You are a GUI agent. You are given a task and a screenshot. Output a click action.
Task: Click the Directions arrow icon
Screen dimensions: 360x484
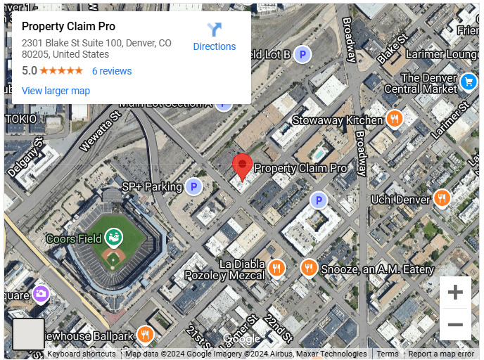click(x=214, y=30)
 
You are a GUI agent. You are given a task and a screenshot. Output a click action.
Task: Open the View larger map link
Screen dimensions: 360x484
click(x=56, y=91)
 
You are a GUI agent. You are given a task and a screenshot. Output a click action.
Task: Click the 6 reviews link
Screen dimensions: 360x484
click(x=112, y=71)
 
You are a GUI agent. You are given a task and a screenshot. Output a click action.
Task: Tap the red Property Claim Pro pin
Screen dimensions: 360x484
click(x=243, y=166)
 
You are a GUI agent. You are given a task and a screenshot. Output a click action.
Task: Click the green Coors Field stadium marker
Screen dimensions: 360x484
click(x=113, y=238)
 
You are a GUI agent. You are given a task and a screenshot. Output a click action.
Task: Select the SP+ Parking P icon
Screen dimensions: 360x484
click(x=193, y=187)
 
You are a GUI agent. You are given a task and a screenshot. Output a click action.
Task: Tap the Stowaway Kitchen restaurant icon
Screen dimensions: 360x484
click(x=395, y=120)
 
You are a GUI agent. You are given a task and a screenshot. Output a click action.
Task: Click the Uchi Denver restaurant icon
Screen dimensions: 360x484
click(x=442, y=199)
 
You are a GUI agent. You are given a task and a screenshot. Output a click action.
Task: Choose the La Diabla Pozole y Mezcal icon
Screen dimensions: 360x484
click(x=277, y=268)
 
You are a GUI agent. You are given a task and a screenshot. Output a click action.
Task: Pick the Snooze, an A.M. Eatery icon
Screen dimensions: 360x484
click(x=308, y=268)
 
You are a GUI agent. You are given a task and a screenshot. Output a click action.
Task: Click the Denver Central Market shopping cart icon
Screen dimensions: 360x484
click(x=468, y=83)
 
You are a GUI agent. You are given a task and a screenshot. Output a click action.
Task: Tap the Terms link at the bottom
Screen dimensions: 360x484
click(x=388, y=354)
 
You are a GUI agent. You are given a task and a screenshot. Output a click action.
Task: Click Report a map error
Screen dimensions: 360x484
click(x=441, y=354)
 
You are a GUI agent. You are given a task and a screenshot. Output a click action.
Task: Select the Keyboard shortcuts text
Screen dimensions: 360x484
click(x=81, y=354)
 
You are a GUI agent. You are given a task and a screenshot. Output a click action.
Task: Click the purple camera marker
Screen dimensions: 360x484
click(x=40, y=292)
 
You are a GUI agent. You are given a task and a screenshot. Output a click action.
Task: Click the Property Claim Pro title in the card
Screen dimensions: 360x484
click(x=68, y=27)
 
